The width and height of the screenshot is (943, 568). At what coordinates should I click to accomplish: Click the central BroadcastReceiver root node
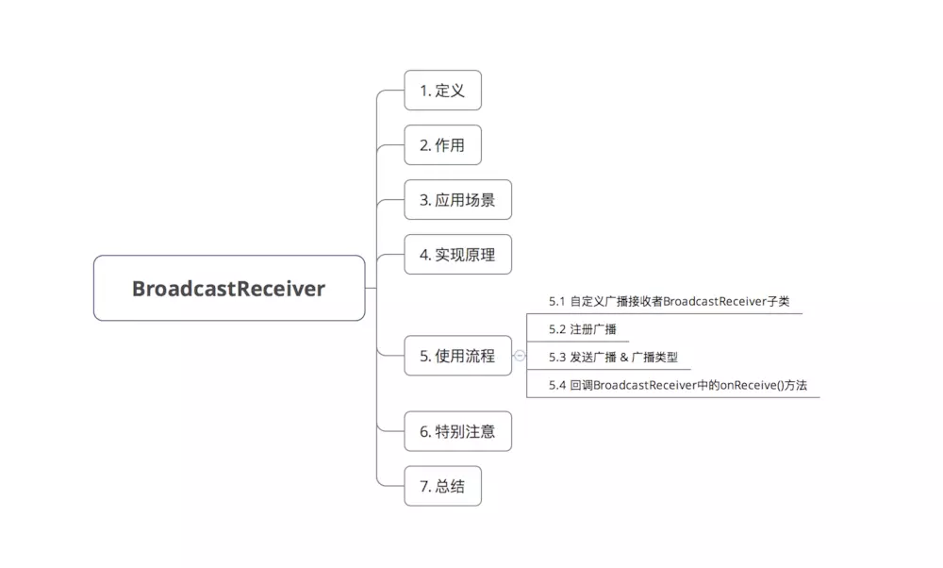tap(228, 288)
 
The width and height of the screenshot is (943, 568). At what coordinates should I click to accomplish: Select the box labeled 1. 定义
tap(442, 91)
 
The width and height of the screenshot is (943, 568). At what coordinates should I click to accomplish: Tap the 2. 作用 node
tap(442, 145)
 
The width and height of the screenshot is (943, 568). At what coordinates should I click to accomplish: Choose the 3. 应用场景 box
tap(457, 200)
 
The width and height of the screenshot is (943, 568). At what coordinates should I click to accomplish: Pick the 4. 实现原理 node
tap(457, 255)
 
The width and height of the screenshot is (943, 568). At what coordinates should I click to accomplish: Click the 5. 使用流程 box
tap(457, 356)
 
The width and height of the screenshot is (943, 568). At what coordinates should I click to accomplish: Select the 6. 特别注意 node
tap(457, 432)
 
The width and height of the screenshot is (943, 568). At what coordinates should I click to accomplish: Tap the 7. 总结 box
tap(442, 487)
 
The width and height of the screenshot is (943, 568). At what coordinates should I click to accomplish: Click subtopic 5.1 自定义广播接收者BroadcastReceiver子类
tap(669, 302)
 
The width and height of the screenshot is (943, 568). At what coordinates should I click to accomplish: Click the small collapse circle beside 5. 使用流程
tap(520, 356)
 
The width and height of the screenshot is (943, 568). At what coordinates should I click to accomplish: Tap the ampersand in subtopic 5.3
tap(624, 358)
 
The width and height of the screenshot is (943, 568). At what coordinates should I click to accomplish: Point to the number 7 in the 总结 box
tap(423, 487)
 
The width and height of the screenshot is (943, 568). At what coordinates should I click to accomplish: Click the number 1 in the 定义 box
tap(423, 91)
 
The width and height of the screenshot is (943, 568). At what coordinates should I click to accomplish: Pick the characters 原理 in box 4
tap(480, 255)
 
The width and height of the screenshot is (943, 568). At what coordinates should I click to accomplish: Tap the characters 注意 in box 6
tap(480, 432)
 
